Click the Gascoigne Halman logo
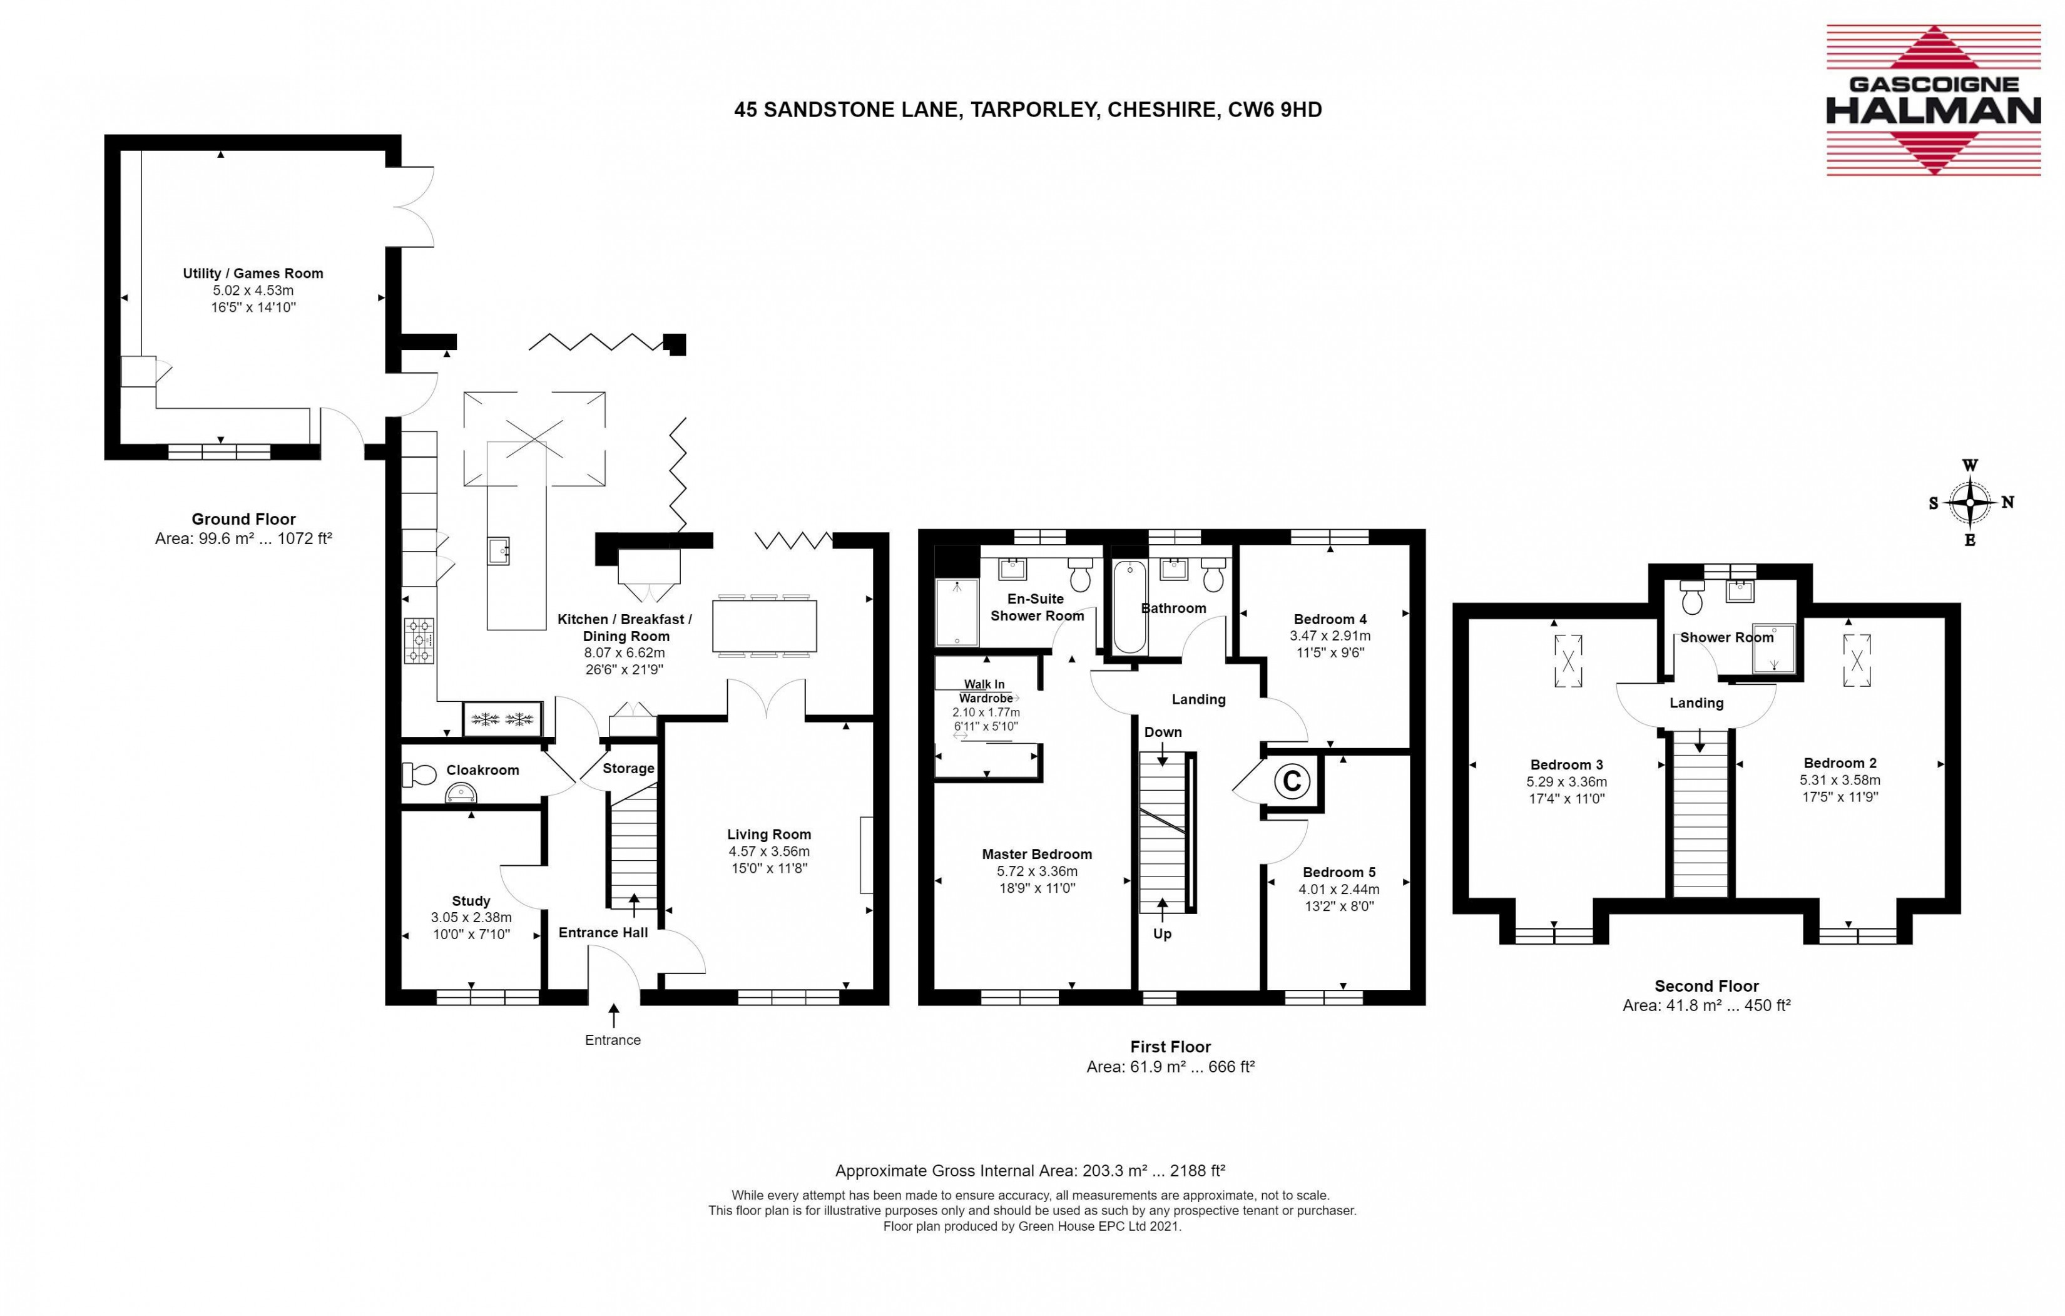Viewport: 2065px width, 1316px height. pyautogui.click(x=1933, y=100)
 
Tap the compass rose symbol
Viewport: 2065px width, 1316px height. pyautogui.click(x=1971, y=503)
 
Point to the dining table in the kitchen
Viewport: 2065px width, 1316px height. pyautogui.click(x=764, y=625)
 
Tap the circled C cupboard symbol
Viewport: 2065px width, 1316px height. pyautogui.click(x=1292, y=781)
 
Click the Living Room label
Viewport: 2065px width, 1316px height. pyautogui.click(x=769, y=834)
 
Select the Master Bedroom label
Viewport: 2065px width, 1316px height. pyautogui.click(x=1037, y=853)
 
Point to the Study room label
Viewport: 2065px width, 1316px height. pyautogui.click(x=471, y=901)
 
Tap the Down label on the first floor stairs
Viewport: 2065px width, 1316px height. pyautogui.click(x=1163, y=732)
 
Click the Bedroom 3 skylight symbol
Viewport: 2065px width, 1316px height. pyautogui.click(x=1568, y=661)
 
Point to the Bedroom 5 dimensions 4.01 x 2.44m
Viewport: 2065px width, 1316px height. pyautogui.click(x=1338, y=889)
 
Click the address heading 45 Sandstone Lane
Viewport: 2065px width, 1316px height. pyautogui.click(x=1027, y=110)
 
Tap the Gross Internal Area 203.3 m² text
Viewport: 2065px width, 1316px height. pyautogui.click(x=1030, y=1170)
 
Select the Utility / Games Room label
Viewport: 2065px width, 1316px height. pyautogui.click(x=253, y=273)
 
